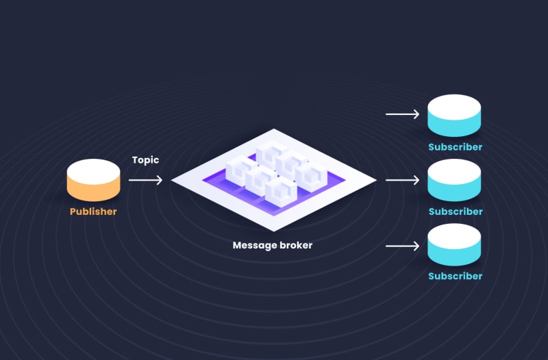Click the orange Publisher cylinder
pyautogui.click(x=94, y=181)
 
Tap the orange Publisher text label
pyautogui.click(x=93, y=211)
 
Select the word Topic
pyautogui.click(x=145, y=160)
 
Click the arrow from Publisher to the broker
pyautogui.click(x=145, y=180)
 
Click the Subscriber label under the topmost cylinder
pyautogui.click(x=456, y=147)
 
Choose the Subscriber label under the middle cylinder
pyautogui.click(x=456, y=211)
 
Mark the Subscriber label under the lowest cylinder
pyautogui.click(x=456, y=277)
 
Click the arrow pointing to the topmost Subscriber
pyautogui.click(x=403, y=114)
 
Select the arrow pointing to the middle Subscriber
pyautogui.click(x=403, y=180)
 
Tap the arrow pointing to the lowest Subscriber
pyautogui.click(x=403, y=245)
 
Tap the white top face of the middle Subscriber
pyautogui.click(x=454, y=170)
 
